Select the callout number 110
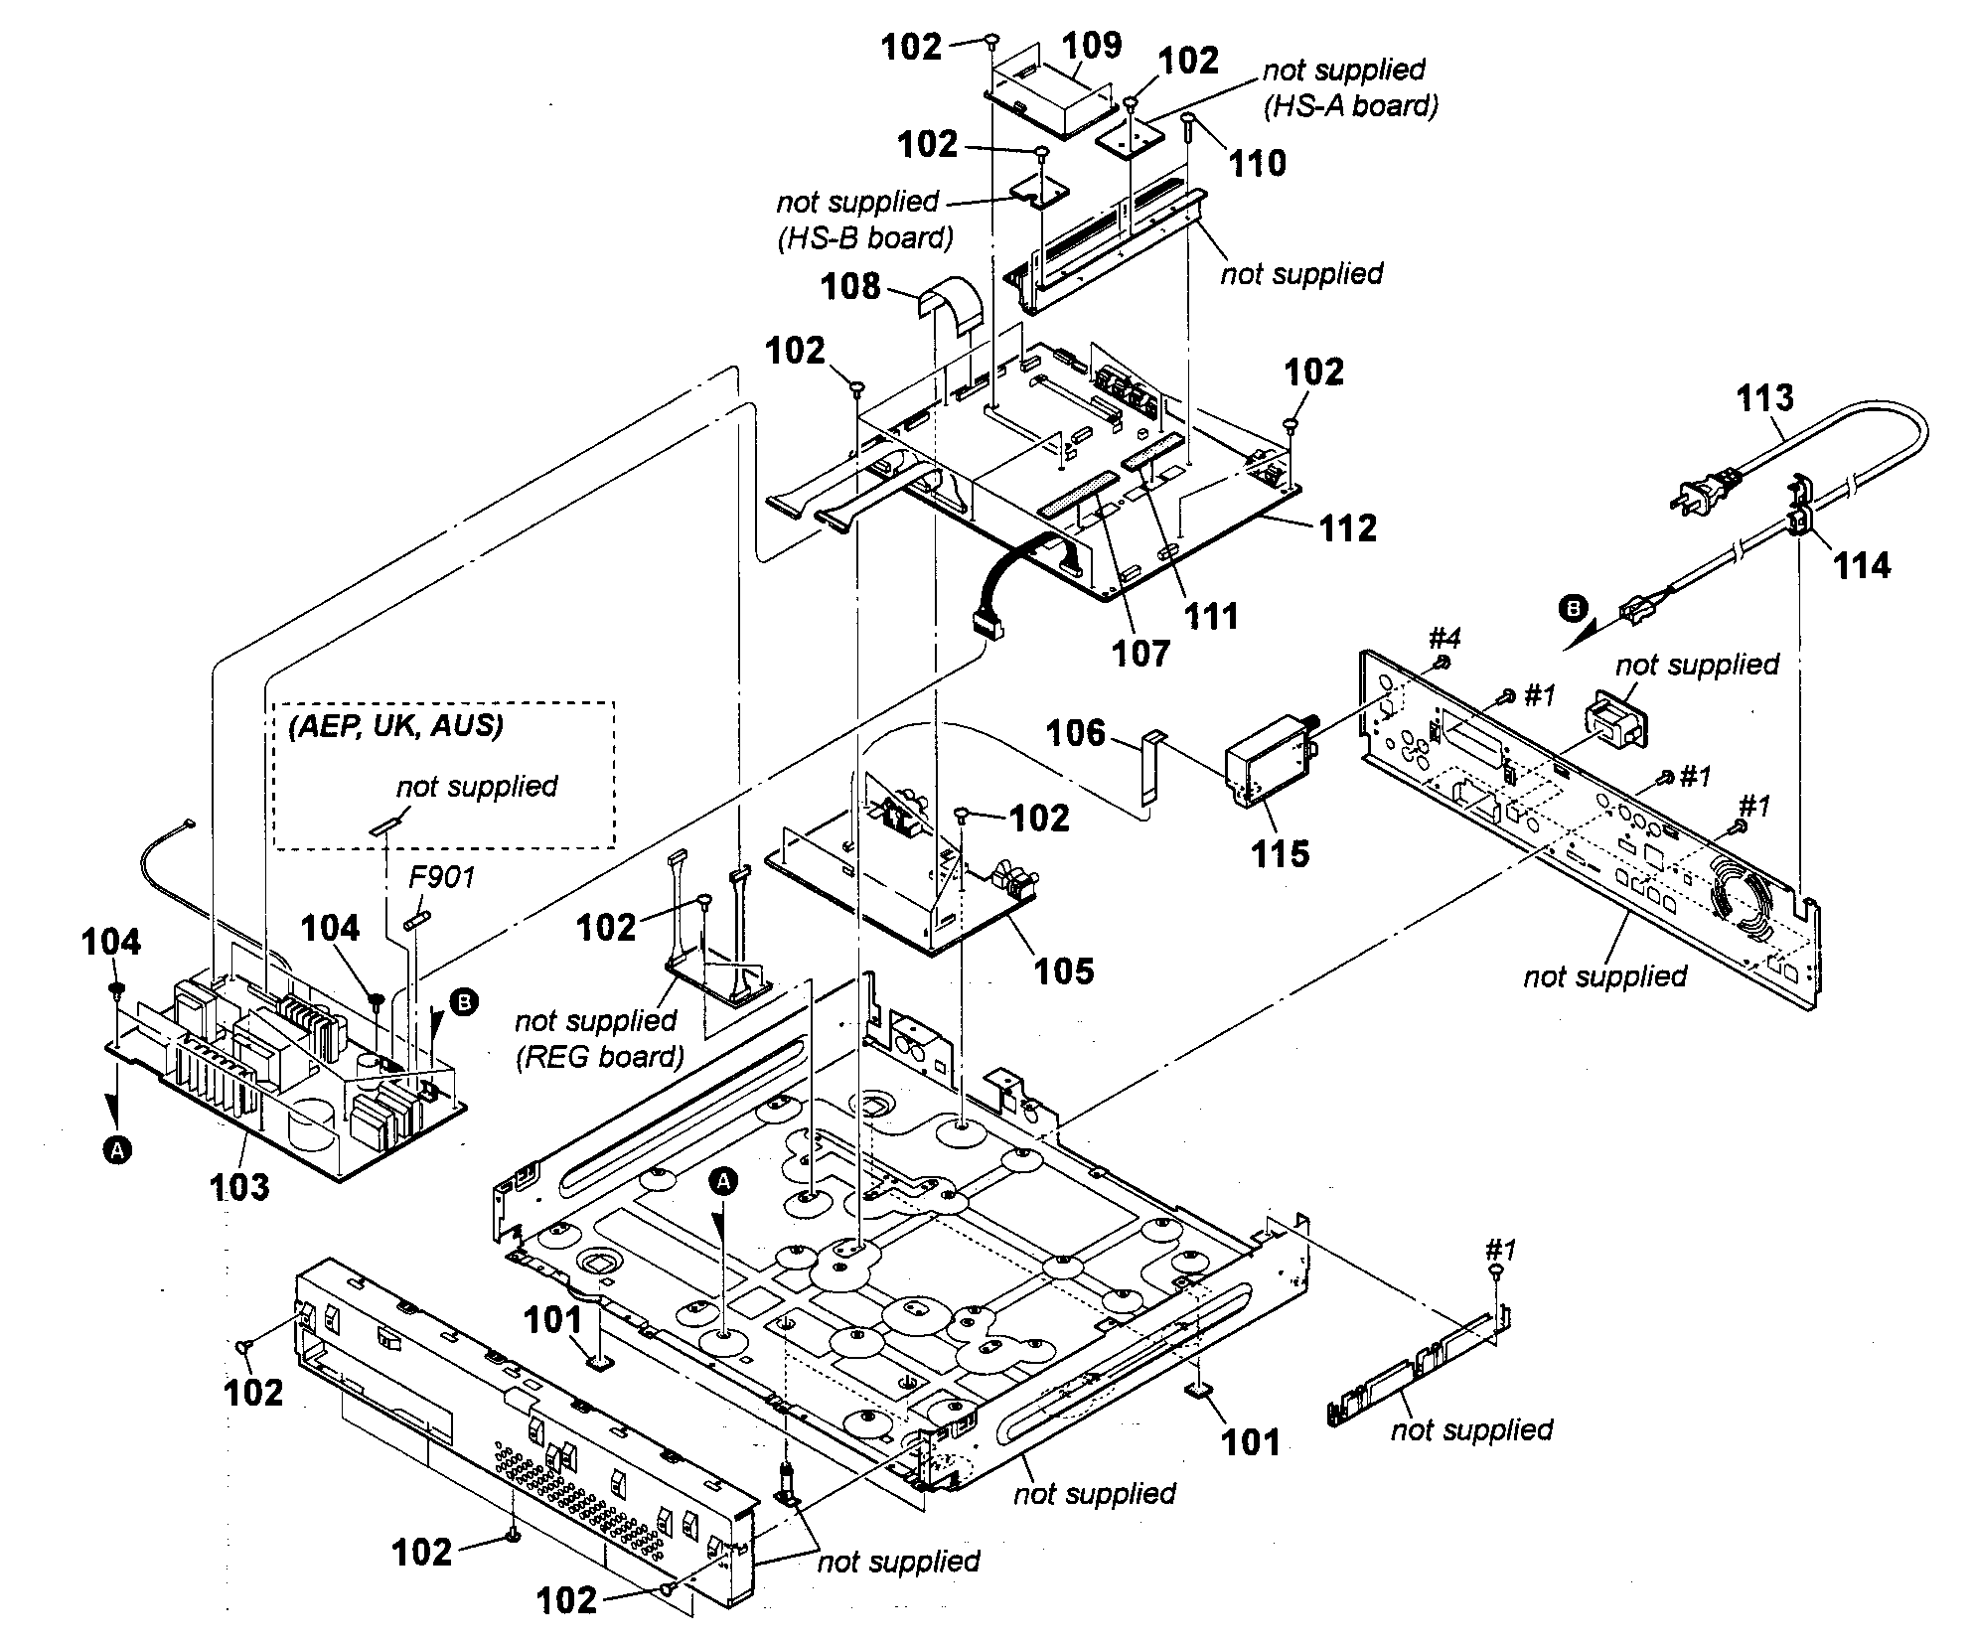1258,163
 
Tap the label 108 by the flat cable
850,286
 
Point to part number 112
1347,527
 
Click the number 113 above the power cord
1764,397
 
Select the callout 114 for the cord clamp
1862,565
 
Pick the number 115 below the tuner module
1280,853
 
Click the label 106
1075,733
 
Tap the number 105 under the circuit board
1064,971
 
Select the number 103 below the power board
239,1186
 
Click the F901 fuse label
442,876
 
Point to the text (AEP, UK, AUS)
396,725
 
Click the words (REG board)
599,1056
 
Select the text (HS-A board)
1350,105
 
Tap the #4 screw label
1444,637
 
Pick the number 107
1141,653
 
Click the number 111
1211,616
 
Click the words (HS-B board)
864,237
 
